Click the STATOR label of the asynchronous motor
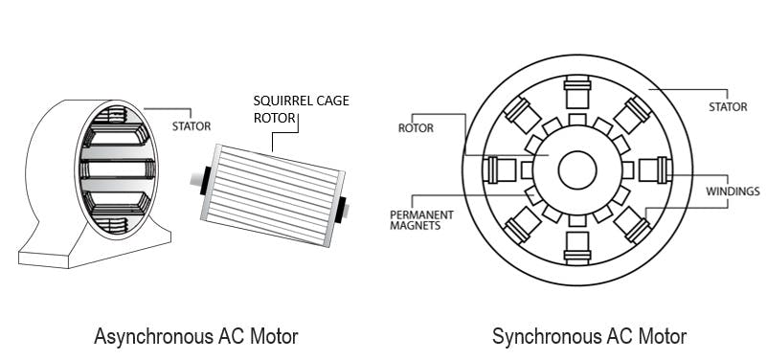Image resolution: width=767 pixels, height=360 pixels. point(192,124)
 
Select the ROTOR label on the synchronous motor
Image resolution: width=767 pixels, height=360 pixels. point(415,125)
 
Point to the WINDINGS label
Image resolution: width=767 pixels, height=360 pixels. point(733,191)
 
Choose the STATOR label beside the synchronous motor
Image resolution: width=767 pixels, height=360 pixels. point(728,107)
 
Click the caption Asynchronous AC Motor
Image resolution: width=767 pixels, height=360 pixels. point(196,337)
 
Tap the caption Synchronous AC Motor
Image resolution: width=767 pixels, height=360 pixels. point(589,337)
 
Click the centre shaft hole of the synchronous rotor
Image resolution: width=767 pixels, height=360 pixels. point(576,170)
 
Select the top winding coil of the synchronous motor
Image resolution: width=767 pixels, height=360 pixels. point(576,95)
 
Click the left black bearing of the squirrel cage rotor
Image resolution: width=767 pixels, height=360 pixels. point(205,181)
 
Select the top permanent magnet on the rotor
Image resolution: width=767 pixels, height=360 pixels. point(576,119)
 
